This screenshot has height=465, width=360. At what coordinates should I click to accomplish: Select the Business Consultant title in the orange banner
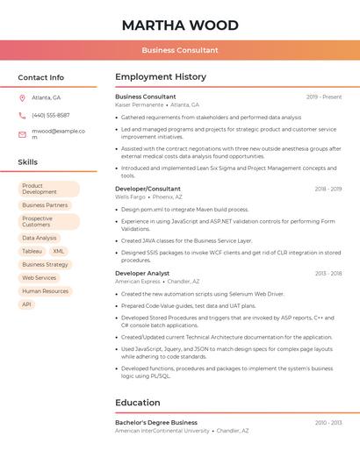[x=179, y=50]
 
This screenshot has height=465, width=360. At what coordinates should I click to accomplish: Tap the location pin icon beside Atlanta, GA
[x=22, y=97]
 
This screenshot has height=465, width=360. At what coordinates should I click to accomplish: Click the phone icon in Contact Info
[x=22, y=115]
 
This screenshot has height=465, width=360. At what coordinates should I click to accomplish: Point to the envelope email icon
[x=22, y=134]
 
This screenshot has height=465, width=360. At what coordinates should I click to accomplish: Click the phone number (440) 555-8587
[x=50, y=115]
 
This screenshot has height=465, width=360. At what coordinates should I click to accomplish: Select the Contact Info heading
[x=40, y=77]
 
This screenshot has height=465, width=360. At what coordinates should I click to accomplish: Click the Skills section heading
[x=27, y=161]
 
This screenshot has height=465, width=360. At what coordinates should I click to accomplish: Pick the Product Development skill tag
[x=48, y=189]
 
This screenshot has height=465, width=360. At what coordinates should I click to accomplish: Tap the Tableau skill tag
[x=32, y=251]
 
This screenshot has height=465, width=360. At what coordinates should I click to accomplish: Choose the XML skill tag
[x=59, y=251]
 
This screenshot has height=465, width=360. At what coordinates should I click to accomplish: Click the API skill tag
[x=26, y=304]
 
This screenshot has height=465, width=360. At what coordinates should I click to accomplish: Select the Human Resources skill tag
[x=45, y=291]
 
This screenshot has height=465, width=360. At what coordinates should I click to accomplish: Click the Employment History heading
[x=161, y=77]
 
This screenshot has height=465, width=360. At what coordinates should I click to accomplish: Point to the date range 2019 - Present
[x=324, y=97]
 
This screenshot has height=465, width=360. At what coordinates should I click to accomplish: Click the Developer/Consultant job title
[x=148, y=189]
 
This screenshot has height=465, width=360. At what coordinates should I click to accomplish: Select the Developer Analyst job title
[x=142, y=273]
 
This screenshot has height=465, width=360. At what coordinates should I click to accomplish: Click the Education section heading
[x=138, y=403]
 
